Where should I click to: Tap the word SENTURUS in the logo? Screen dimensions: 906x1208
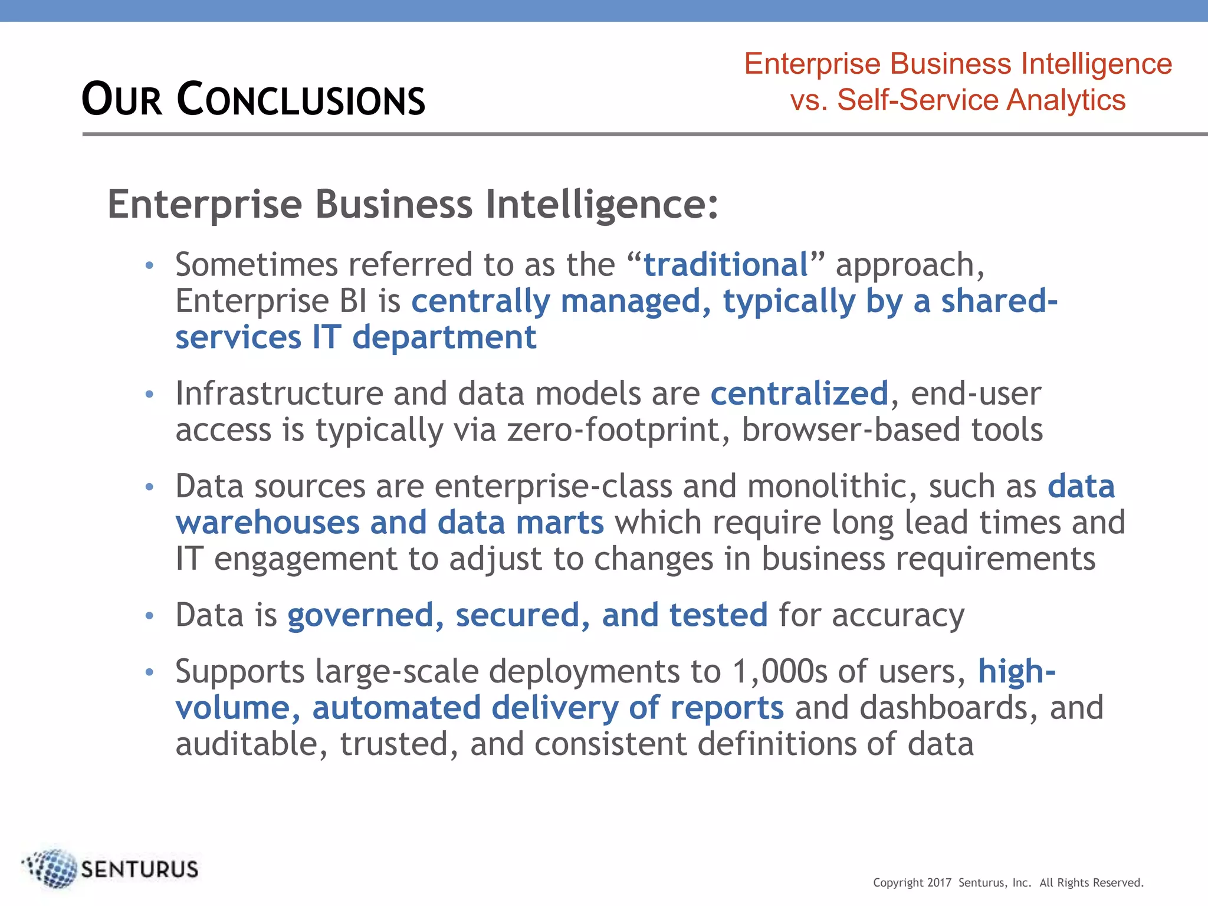140,869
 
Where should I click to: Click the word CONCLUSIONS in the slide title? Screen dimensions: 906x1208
301,99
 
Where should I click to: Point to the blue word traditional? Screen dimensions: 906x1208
726,264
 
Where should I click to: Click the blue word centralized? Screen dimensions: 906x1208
799,393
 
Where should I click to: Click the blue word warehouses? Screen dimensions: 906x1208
268,523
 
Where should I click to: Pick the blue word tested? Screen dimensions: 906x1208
718,615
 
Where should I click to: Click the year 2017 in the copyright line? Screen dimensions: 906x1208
939,882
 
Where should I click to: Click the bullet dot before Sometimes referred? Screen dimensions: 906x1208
150,266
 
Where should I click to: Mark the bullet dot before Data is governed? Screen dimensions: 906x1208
150,616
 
